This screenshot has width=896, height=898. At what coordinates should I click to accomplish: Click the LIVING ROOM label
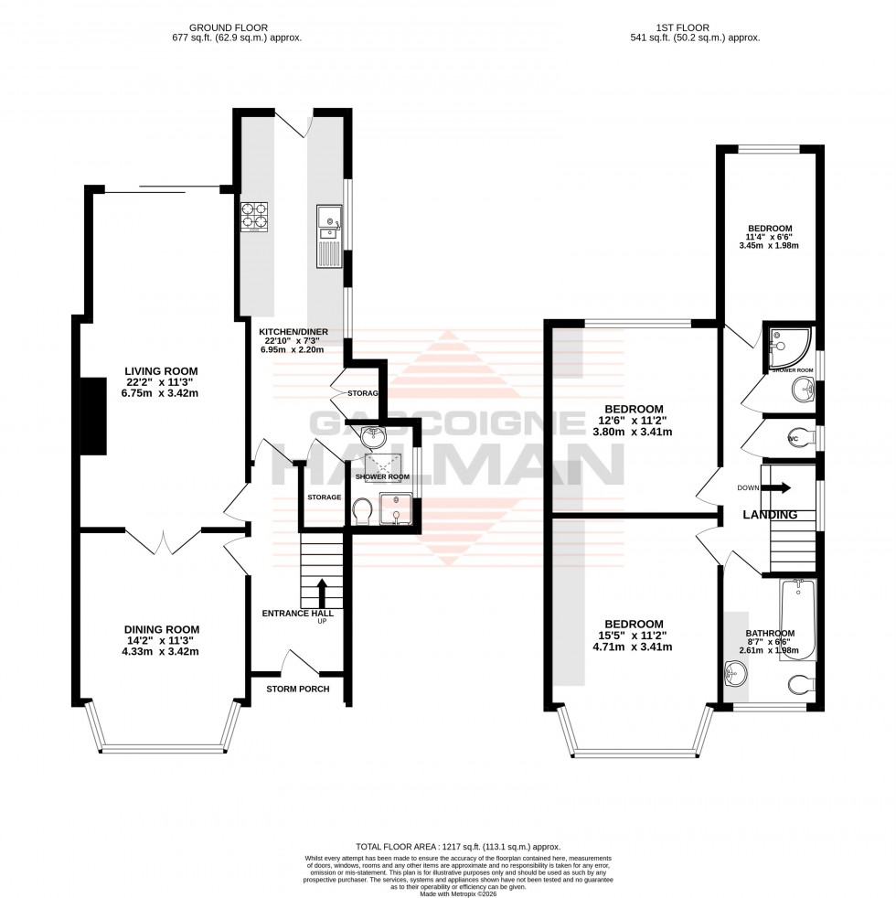pos(162,370)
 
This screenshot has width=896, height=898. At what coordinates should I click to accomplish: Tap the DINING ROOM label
pos(162,629)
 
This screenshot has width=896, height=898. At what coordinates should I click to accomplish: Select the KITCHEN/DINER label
pos(293,331)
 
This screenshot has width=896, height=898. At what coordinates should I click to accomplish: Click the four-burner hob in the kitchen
pos(254,218)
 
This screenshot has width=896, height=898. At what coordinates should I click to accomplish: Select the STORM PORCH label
pos(298,689)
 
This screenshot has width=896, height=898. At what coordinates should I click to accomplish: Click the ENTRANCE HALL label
pos(298,613)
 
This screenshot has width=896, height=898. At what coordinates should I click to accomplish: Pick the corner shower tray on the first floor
pos(787,344)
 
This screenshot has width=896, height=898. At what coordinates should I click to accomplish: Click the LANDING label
pos(770,515)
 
